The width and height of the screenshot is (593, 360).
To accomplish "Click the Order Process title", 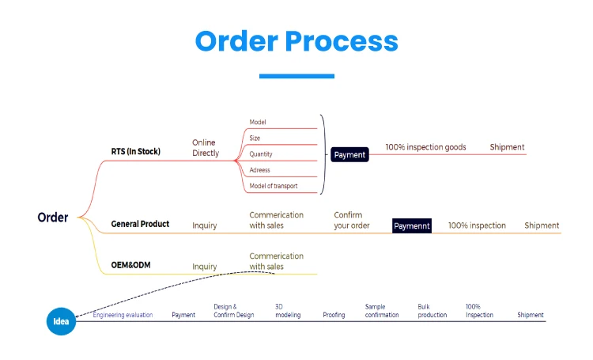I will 296,40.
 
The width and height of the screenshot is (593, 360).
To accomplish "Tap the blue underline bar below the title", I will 296,76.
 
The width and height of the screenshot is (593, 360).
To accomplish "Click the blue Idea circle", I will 61,321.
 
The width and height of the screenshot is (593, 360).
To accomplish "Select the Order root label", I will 53,218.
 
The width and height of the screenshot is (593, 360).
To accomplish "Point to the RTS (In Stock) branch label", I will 135,151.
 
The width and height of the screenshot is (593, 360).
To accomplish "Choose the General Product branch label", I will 140,224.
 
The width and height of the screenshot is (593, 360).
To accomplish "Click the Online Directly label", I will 204,147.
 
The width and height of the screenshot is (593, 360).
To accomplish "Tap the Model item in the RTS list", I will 258,122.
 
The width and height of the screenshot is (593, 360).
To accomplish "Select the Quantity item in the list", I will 261,154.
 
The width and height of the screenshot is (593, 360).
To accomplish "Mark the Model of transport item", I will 274,187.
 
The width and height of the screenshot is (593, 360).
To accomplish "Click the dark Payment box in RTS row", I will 349,155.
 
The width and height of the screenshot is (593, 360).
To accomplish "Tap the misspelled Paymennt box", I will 412,226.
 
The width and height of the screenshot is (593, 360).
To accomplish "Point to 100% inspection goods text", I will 425,147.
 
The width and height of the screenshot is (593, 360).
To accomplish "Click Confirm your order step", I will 352,220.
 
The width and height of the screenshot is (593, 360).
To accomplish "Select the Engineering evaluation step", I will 126,315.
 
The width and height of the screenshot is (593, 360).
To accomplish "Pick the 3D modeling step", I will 288,311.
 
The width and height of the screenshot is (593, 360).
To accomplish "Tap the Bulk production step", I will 432,311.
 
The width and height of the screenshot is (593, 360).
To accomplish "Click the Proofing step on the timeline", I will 334,315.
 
